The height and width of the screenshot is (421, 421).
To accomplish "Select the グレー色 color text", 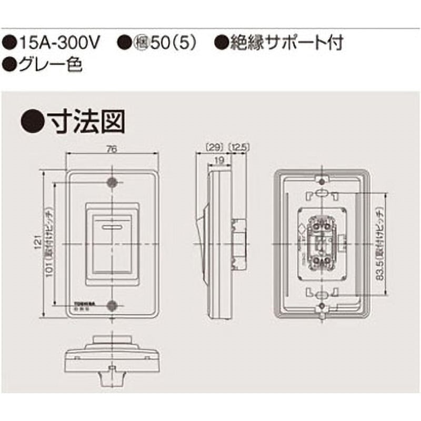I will click(x=51, y=66).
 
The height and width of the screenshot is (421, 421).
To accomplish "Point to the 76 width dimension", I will click(x=111, y=149).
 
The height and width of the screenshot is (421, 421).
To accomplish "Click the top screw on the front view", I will click(x=112, y=182).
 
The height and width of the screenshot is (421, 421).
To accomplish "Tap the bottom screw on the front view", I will click(x=112, y=306).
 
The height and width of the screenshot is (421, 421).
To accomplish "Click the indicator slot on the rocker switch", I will click(x=112, y=227).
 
